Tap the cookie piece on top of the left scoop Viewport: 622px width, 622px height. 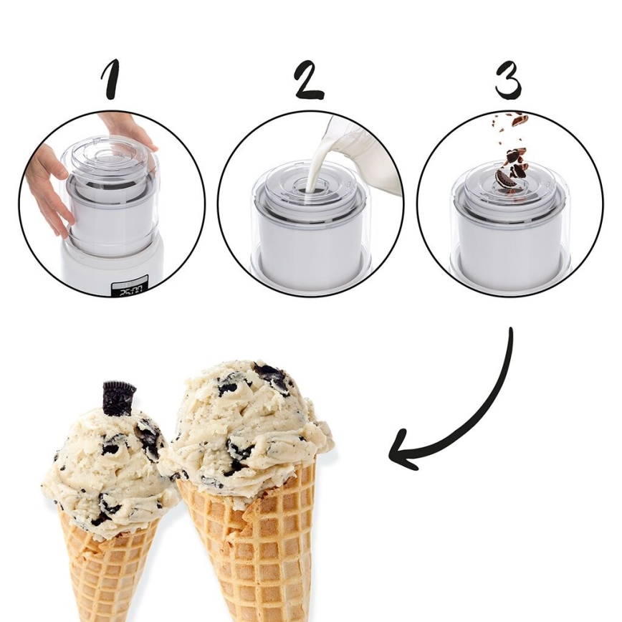[118, 397]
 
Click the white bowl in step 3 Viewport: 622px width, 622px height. [509, 244]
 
